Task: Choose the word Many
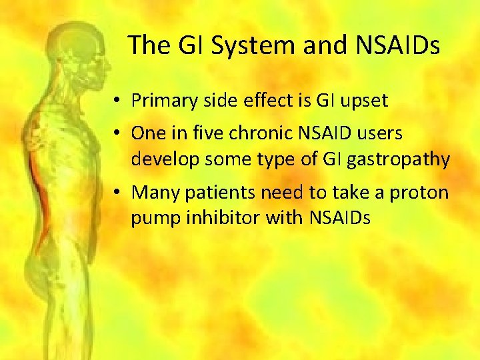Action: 151,193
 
